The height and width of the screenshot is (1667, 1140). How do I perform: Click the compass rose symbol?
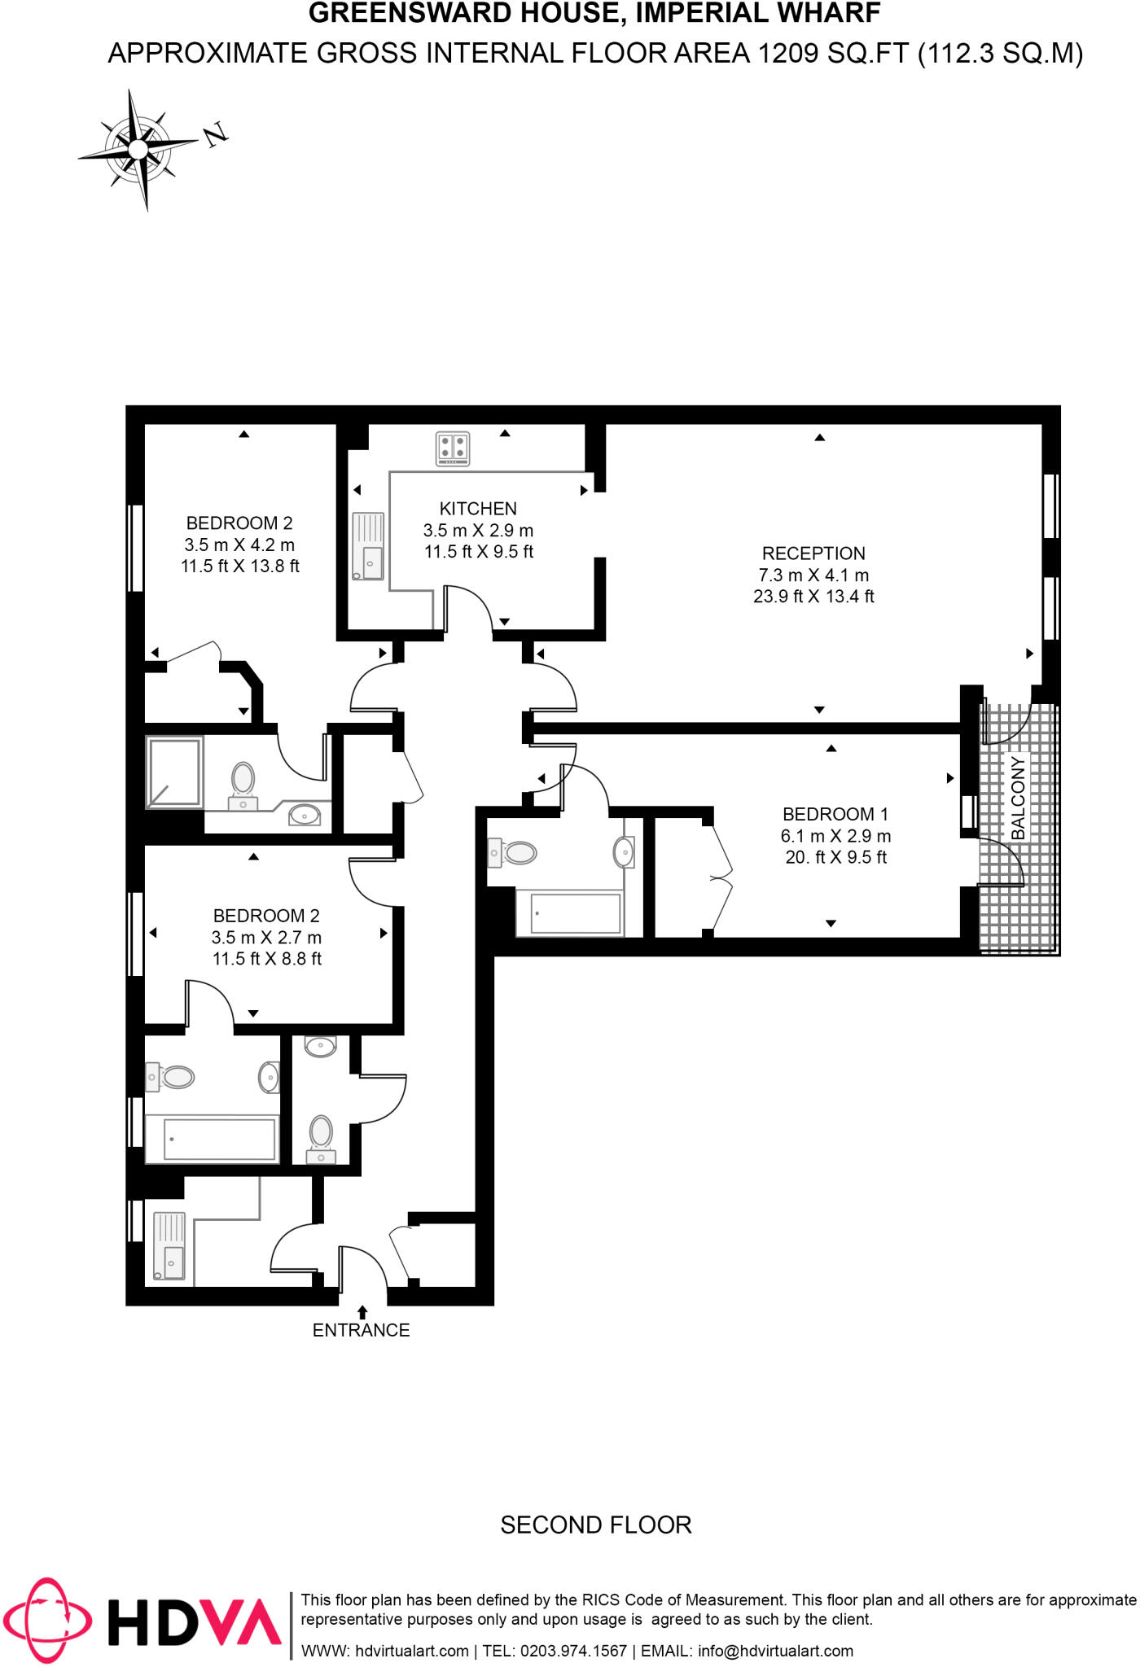138,150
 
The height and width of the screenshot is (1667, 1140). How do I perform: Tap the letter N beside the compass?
216,134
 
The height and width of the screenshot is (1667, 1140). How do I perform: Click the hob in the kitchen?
453,448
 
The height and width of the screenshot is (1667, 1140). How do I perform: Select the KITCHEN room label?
478,509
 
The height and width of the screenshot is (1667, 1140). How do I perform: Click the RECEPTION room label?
813,553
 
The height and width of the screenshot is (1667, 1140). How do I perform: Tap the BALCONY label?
1018,798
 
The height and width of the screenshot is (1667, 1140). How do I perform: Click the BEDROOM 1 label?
835,814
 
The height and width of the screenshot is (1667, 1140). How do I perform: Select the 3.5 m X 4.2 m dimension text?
239,545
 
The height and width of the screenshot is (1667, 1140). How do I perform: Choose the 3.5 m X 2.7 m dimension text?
266,938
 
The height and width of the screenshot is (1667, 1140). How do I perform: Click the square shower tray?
173,772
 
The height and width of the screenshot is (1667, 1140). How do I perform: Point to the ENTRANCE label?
361,1330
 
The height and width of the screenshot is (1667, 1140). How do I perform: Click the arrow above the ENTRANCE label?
362,1312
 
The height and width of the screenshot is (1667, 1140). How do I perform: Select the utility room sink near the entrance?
169,1246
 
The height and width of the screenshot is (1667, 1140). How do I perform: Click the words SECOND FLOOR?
595,1525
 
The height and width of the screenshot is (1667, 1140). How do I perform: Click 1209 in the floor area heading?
788,54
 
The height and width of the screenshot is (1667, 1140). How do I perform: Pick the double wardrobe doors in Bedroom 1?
721,878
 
